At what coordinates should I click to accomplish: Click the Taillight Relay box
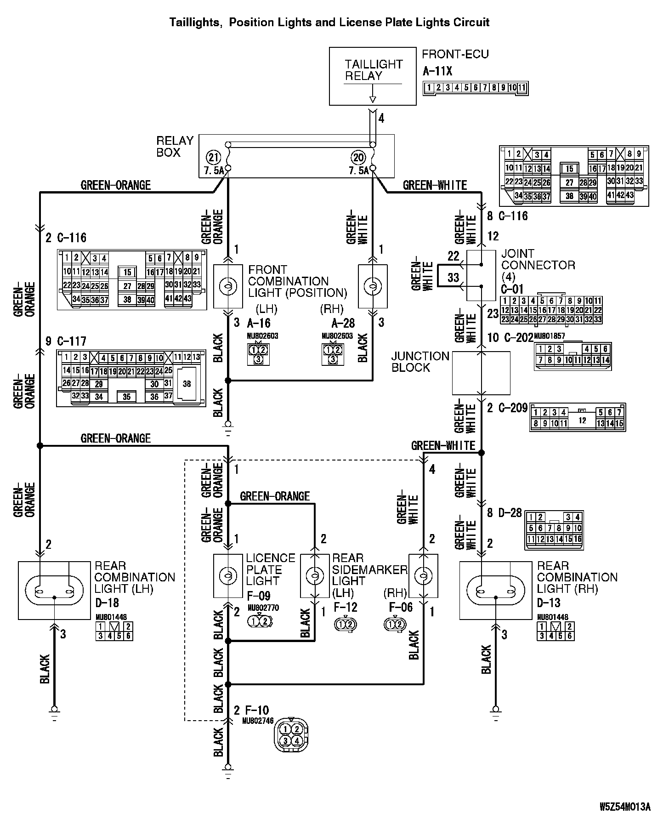[373, 76]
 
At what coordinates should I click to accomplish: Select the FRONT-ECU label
[455, 54]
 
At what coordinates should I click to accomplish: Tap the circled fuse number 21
[213, 158]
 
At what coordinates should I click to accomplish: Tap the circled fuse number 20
[358, 158]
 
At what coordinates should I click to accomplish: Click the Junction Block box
[481, 373]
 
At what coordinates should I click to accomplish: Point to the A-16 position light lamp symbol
[228, 286]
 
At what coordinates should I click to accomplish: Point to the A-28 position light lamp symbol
[373, 286]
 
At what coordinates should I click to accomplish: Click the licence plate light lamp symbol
[228, 576]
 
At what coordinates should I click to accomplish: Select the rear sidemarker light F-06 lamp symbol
[423, 576]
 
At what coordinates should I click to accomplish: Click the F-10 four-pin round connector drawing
[291, 735]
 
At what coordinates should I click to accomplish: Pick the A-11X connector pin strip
[476, 87]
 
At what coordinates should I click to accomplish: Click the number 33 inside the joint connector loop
[453, 278]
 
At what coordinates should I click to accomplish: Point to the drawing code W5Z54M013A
[625, 807]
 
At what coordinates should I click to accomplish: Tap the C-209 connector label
[512, 408]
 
